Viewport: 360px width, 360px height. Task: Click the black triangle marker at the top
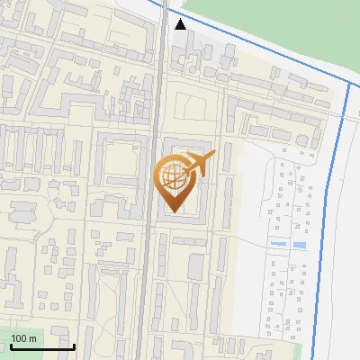point(181,24)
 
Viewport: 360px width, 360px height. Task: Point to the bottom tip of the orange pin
point(171,211)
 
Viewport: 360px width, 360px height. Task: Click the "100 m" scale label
point(24,338)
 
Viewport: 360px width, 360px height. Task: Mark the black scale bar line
point(41,346)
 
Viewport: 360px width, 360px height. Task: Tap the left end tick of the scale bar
point(11,344)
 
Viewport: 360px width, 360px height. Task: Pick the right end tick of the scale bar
point(73,344)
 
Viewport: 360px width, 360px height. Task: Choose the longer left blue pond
point(278,244)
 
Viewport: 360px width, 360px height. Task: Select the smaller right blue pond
point(298,246)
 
